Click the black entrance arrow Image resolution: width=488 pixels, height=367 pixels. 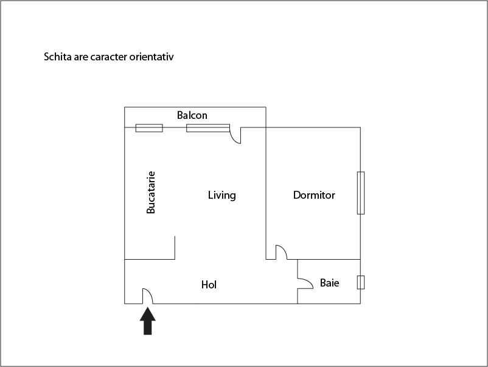pyautogui.click(x=148, y=321)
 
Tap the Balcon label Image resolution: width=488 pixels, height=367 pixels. pyautogui.click(x=192, y=115)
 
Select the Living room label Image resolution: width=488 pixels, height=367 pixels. pyautogui.click(x=221, y=196)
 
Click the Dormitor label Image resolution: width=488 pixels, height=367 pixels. pyautogui.click(x=314, y=196)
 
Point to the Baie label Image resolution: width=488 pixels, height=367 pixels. pyautogui.click(x=329, y=283)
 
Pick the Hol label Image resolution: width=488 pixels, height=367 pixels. pyautogui.click(x=209, y=285)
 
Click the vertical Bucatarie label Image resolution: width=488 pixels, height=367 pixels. pyautogui.click(x=152, y=192)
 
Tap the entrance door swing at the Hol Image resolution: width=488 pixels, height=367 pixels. pyautogui.click(x=147, y=296)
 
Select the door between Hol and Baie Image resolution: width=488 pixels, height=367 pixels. pyautogui.click(x=304, y=281)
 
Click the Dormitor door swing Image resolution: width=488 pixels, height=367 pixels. pyautogui.click(x=281, y=252)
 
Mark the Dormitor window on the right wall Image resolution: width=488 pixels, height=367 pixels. pyautogui.click(x=360, y=193)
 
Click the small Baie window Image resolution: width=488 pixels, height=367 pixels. pyautogui.click(x=360, y=282)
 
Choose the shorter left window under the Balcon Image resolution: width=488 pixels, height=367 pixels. pyautogui.click(x=149, y=128)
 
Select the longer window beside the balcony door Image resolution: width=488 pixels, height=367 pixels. pyautogui.click(x=207, y=128)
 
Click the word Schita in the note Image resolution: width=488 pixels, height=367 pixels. pyautogui.click(x=57, y=57)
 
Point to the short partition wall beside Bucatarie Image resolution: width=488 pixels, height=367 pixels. pyautogui.click(x=175, y=248)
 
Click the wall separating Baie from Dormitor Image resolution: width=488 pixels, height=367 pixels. pyautogui.click(x=329, y=259)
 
